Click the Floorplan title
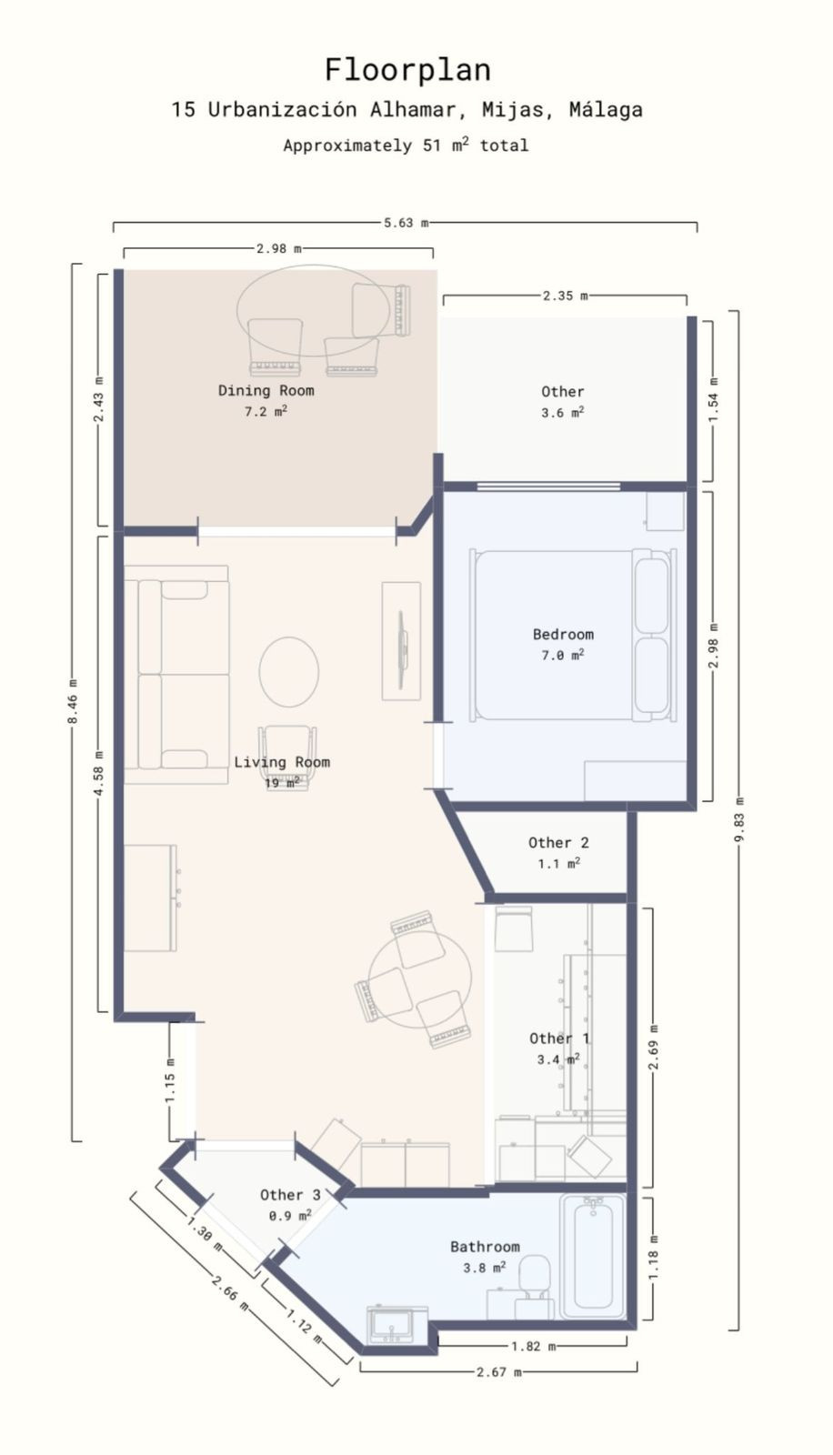[x=407, y=70]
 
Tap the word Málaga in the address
[x=605, y=110]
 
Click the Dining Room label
[x=266, y=390]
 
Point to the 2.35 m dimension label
[x=565, y=296]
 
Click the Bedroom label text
[x=563, y=634]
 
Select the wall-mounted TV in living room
[x=401, y=640]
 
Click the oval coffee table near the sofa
[x=289, y=671]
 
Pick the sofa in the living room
[x=176, y=674]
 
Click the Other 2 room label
[x=558, y=842]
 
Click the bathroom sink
[x=396, y=1324]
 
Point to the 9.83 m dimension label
[x=738, y=820]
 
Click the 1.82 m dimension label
[x=532, y=1346]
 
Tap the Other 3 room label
[x=290, y=1195]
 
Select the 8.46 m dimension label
[x=73, y=702]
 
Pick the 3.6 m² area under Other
[x=562, y=412]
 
